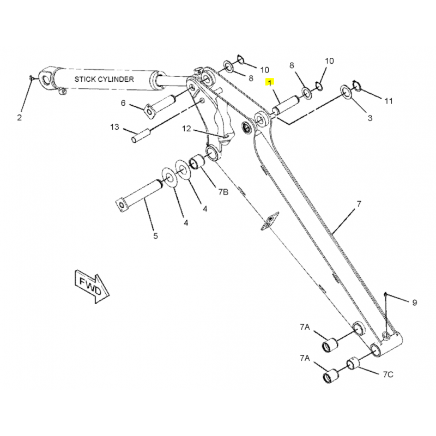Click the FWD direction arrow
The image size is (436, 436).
(92, 286)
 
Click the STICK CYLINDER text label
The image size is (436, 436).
(104, 79)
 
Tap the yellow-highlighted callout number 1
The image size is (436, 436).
(270, 83)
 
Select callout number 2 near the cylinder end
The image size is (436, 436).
(19, 118)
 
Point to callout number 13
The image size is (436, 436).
(114, 127)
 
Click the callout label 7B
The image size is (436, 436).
(223, 192)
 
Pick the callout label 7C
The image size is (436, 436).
(388, 374)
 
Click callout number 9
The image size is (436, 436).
(415, 302)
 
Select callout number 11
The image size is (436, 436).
(389, 101)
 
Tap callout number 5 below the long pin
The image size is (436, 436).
(155, 236)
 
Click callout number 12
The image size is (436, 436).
(186, 129)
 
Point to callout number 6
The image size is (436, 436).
(123, 103)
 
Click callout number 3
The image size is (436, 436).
(370, 118)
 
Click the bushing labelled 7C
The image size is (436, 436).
(353, 363)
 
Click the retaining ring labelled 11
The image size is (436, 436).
(356, 86)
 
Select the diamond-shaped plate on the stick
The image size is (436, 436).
(269, 221)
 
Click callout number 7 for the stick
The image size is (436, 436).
(359, 204)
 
